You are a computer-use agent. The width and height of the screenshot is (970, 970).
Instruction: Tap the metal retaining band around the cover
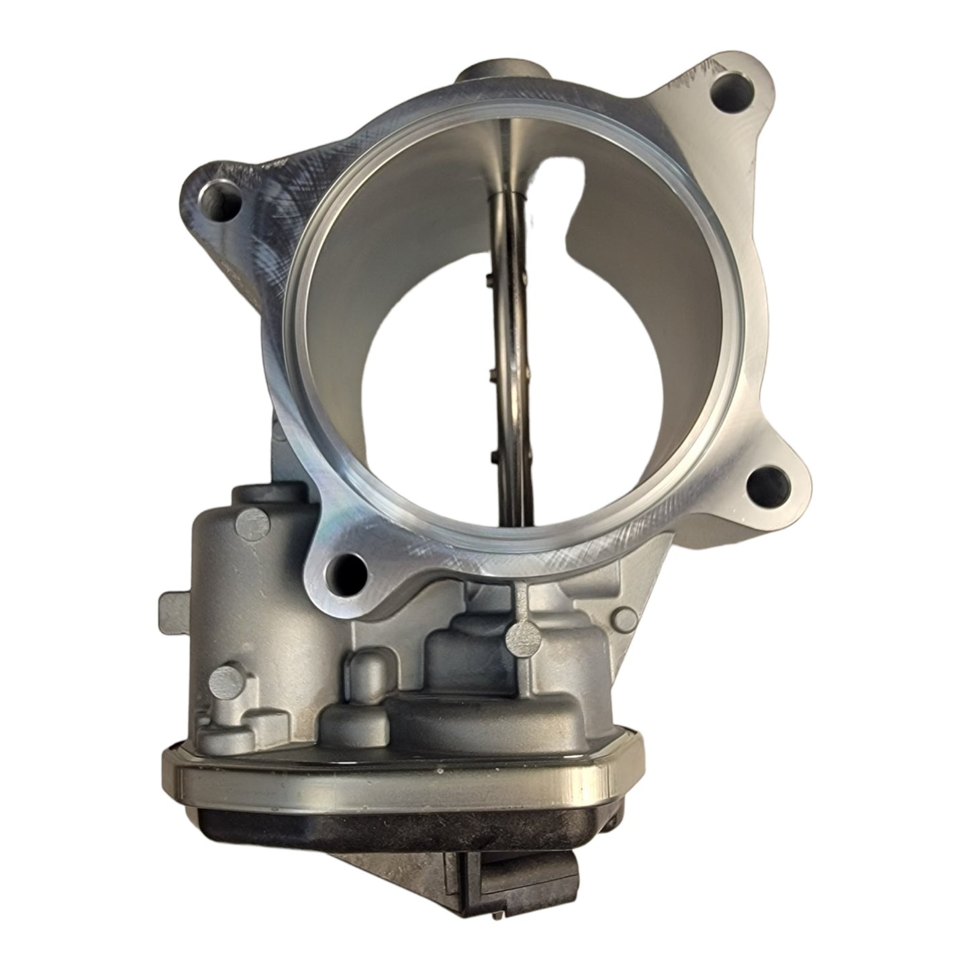[x=403, y=772]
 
